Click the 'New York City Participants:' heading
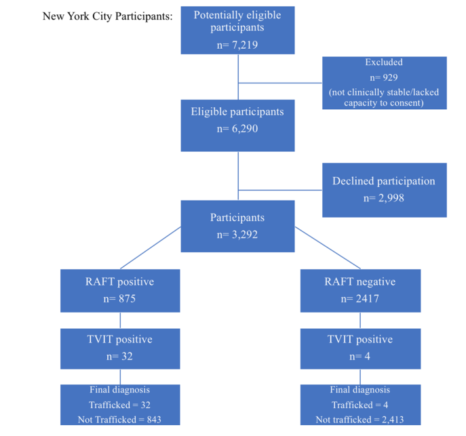(x=107, y=16)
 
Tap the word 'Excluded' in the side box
(x=384, y=62)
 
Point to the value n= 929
(x=384, y=77)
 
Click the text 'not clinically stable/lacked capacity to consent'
(x=384, y=97)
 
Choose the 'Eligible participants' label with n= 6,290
(x=237, y=112)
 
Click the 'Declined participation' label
(x=384, y=181)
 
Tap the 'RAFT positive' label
(x=119, y=282)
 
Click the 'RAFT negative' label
(x=360, y=282)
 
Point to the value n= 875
(x=119, y=298)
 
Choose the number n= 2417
(x=360, y=298)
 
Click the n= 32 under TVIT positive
(x=119, y=356)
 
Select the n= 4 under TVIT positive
(x=360, y=356)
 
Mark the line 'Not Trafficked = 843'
(x=119, y=419)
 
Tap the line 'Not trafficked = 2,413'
(x=360, y=419)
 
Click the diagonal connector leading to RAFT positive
(x=151, y=247)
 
